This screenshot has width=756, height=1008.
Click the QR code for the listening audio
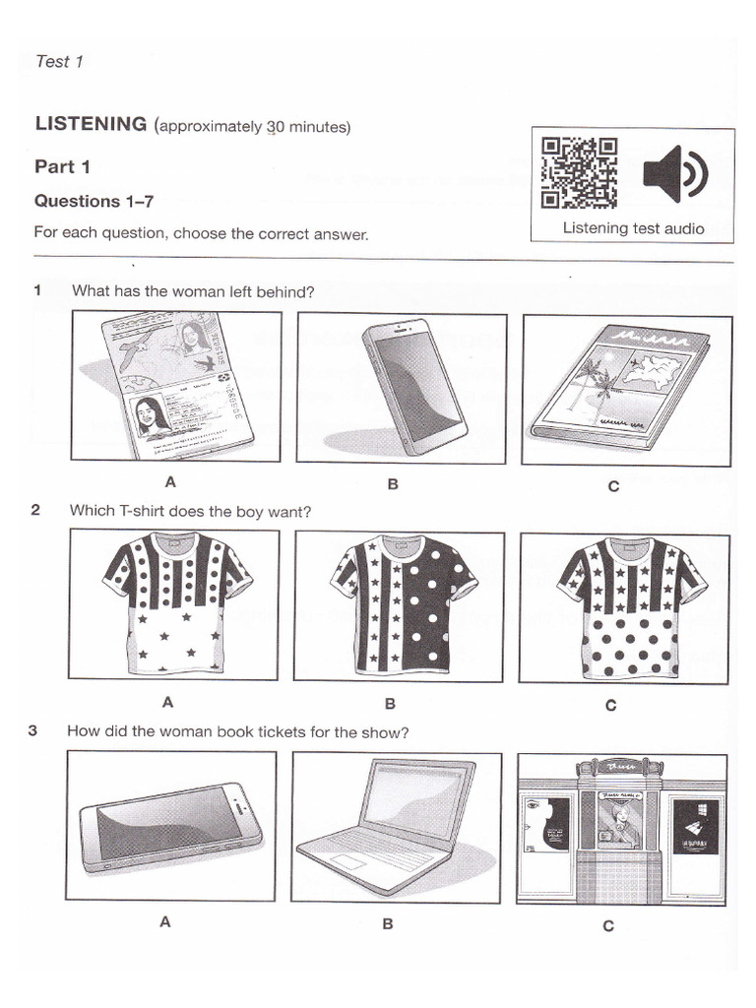pyautogui.click(x=580, y=173)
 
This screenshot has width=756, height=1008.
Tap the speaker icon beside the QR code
pyautogui.click(x=674, y=174)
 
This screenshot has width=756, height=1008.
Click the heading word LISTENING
pyautogui.click(x=91, y=124)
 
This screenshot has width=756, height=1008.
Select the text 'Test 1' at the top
pyautogui.click(x=59, y=61)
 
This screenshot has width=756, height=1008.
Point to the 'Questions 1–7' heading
pyautogui.click(x=94, y=201)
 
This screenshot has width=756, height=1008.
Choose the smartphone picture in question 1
pyautogui.click(x=402, y=386)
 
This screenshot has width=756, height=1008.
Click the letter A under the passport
pyautogui.click(x=170, y=482)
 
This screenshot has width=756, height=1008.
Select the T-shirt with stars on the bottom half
pyautogui.click(x=174, y=602)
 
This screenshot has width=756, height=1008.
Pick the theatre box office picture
pyautogui.click(x=621, y=829)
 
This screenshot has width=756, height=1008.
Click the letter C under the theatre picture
pyautogui.click(x=608, y=925)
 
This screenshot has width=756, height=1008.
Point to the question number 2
pyautogui.click(x=35, y=510)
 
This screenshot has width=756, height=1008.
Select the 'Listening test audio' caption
pyautogui.click(x=633, y=228)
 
